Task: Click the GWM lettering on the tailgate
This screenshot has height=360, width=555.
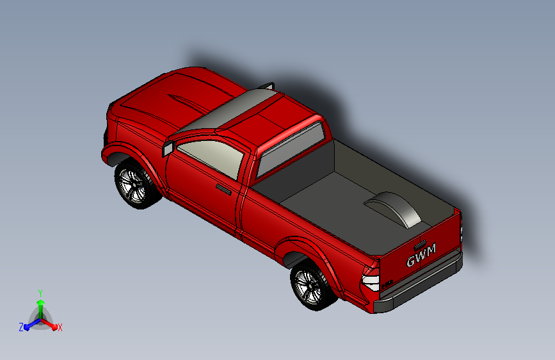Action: (421, 255)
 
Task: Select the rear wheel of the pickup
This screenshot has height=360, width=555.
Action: (310, 286)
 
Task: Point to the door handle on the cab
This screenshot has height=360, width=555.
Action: (223, 189)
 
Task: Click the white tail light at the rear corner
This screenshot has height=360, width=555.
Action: (371, 279)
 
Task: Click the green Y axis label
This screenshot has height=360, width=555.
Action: (40, 292)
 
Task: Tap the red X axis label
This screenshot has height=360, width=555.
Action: (60, 328)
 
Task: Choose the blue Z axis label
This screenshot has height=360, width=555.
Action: (21, 327)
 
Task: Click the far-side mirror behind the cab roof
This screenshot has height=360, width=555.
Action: (269, 85)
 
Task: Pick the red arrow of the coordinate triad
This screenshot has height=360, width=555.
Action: (51, 324)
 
